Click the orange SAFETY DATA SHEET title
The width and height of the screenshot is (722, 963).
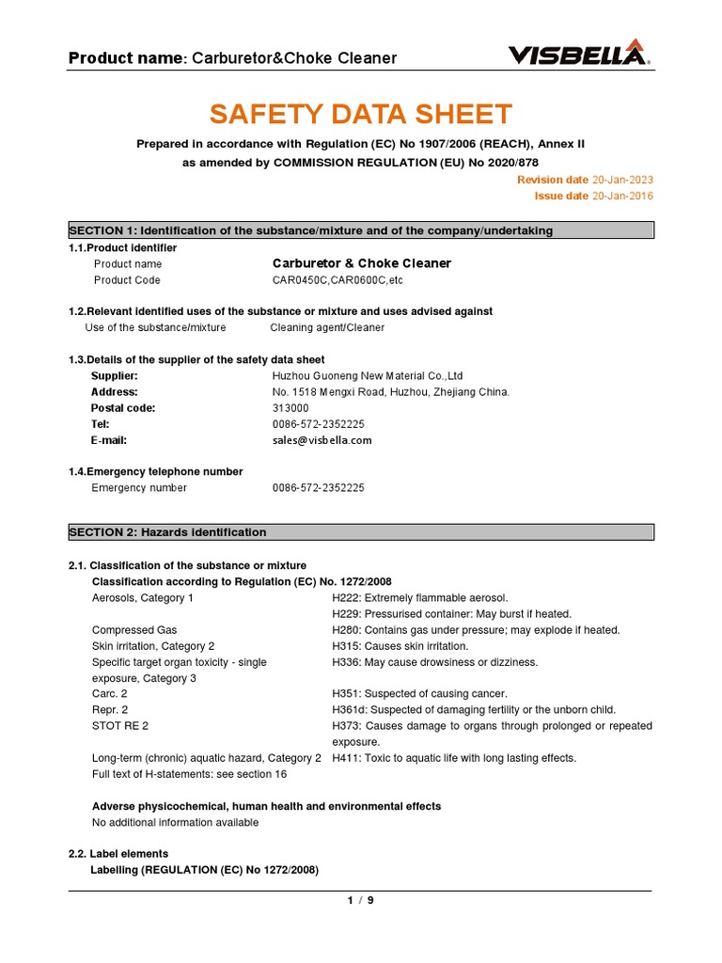click(360, 115)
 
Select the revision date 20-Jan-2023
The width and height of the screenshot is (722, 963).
click(621, 180)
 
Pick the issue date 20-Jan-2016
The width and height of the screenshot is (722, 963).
click(621, 196)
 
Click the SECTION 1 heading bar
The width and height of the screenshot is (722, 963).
click(360, 230)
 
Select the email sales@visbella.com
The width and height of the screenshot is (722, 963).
click(322, 440)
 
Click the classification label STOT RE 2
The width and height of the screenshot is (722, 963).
click(120, 726)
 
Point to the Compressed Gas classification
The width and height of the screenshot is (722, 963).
click(134, 630)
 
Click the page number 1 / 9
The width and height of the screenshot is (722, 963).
click(360, 900)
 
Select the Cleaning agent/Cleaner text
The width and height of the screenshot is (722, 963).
click(327, 328)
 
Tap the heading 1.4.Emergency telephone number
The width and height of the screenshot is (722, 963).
click(155, 472)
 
